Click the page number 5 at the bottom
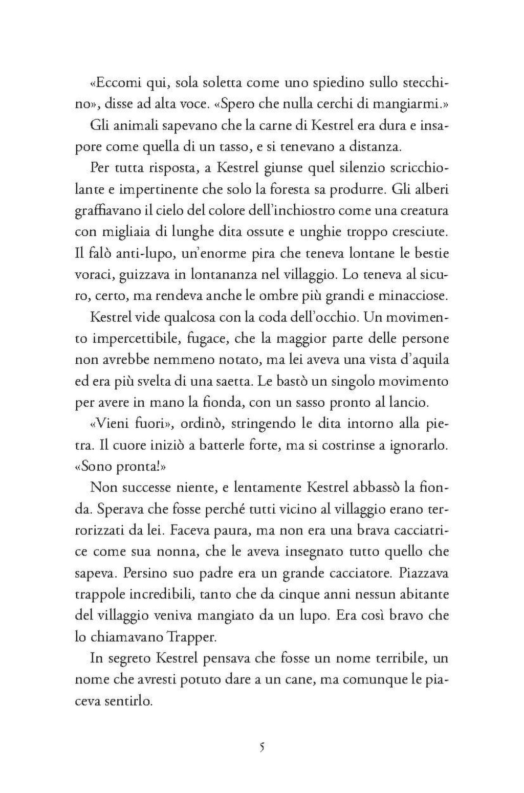click(x=262, y=747)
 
